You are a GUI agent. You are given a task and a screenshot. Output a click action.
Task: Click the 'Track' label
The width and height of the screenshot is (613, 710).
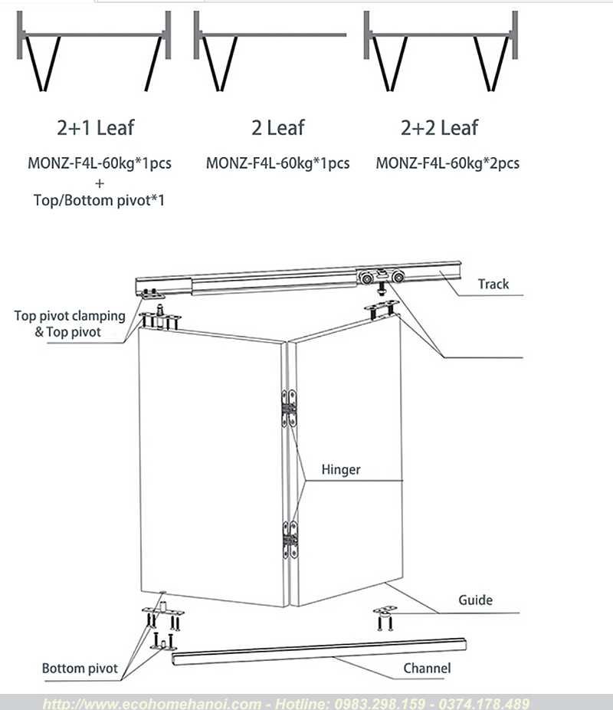click(493, 284)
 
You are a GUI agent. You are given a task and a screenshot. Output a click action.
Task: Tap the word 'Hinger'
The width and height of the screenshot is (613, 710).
click(341, 469)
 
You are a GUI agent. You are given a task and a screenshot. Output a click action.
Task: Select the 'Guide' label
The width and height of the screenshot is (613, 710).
click(475, 600)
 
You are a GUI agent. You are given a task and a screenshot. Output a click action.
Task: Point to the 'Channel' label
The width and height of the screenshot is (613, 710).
click(427, 668)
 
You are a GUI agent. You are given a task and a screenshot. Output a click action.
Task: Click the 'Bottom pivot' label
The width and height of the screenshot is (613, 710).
click(80, 669)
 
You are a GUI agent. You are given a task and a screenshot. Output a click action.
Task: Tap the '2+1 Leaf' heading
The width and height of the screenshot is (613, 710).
click(96, 127)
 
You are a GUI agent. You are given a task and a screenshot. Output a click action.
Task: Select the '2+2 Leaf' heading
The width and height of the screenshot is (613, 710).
click(439, 127)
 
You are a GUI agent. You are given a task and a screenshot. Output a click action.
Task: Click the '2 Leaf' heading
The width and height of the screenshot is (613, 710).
click(278, 127)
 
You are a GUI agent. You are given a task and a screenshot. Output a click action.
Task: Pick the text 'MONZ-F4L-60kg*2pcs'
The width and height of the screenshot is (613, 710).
click(447, 163)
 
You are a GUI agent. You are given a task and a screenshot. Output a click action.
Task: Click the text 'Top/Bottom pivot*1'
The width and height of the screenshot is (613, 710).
click(99, 200)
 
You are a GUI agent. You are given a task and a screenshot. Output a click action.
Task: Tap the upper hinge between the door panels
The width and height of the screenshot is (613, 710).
click(289, 409)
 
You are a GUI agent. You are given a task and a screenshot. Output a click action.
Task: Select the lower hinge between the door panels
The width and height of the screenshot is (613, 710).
click(290, 540)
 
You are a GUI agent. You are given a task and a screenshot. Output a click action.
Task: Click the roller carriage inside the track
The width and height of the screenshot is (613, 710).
click(381, 277)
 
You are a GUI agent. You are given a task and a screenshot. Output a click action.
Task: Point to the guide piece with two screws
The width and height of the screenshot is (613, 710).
click(385, 618)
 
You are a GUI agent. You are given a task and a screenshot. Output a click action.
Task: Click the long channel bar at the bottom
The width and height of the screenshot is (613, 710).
click(319, 652)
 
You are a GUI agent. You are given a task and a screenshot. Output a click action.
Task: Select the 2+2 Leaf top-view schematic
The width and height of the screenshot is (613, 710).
click(440, 51)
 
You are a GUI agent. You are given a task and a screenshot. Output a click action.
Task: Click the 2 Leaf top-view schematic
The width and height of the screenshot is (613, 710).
click(270, 51)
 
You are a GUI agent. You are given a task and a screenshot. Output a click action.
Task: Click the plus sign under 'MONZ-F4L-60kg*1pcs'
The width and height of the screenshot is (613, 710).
click(100, 183)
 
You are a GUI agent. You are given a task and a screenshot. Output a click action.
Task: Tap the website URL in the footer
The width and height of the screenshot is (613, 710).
click(152, 704)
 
